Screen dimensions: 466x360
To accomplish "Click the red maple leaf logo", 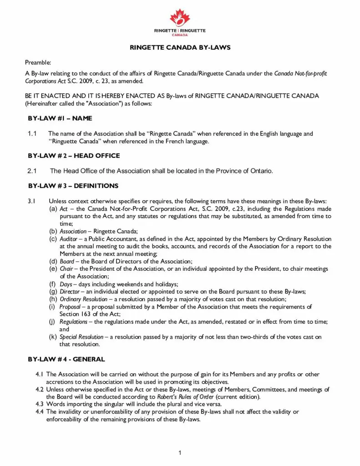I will tap(180, 17).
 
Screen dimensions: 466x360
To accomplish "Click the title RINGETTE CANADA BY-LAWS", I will tap(180, 48).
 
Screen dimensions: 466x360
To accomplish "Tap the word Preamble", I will tap(38, 62).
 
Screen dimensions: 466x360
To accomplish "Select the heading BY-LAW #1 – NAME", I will tap(60, 118).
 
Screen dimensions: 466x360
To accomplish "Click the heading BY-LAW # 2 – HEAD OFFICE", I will tap(74, 156).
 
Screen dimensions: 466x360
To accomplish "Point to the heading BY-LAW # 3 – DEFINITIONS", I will tap(73, 186).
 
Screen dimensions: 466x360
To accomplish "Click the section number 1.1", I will tap(32, 134).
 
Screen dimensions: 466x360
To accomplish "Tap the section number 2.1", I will tap(32, 171).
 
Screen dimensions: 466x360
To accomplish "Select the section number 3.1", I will tap(31, 201).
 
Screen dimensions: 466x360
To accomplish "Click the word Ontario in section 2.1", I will tap(260, 171).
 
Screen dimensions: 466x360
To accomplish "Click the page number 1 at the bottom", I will tap(180, 452).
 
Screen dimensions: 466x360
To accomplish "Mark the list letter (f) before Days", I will tap(53, 284).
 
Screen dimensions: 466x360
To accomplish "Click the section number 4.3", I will tap(40, 404).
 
